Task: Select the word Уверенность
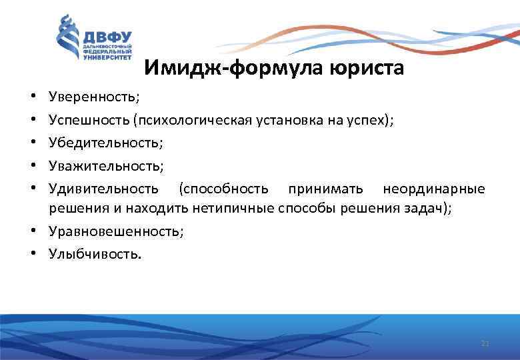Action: [x=93, y=97]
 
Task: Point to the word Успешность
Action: [x=89, y=120]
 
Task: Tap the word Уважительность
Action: [x=104, y=165]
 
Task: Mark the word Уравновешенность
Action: [x=114, y=231]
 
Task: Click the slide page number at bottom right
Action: [x=485, y=343]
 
